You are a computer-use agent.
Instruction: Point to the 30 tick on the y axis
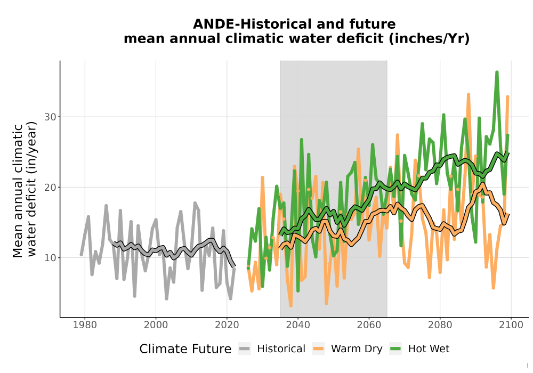click(50, 117)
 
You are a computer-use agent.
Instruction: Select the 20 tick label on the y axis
click(50, 187)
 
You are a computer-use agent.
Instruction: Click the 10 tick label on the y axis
click(50, 258)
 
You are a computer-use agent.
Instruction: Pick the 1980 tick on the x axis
click(85, 325)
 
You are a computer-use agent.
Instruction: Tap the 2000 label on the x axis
click(156, 325)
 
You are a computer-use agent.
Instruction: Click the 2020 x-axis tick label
click(227, 325)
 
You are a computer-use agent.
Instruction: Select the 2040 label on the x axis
click(298, 325)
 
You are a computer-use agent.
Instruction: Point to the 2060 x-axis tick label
click(369, 325)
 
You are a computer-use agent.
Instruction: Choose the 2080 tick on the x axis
click(440, 325)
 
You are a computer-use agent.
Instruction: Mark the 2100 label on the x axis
click(511, 325)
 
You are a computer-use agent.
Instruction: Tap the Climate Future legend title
click(185, 349)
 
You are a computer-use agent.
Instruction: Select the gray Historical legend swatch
click(245, 349)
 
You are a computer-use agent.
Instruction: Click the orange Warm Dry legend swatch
click(318, 349)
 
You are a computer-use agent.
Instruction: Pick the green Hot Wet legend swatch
click(395, 349)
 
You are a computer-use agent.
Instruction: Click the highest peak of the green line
click(497, 72)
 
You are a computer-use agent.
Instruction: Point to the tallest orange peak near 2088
click(469, 94)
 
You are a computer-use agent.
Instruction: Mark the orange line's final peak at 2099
click(507, 97)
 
